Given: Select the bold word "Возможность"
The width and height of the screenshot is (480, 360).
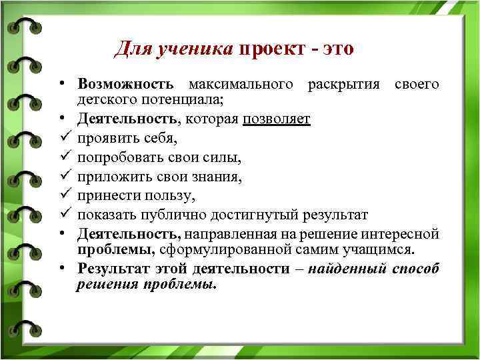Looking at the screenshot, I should tap(125, 85).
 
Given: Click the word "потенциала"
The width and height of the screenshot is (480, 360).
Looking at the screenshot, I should tap(180, 99).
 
